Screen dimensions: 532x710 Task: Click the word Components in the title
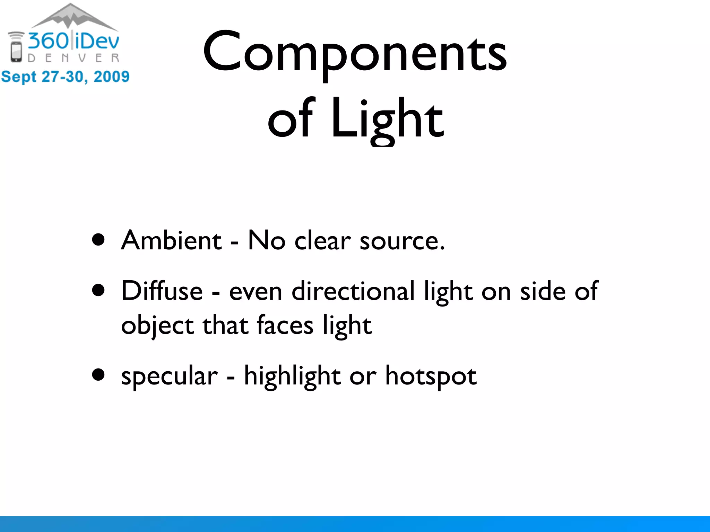click(x=355, y=52)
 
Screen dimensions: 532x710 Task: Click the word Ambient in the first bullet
click(x=171, y=240)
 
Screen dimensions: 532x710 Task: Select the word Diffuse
click(x=162, y=291)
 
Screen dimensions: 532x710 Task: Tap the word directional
click(x=353, y=291)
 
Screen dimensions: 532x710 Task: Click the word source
click(x=402, y=241)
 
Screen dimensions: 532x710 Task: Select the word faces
click(x=285, y=326)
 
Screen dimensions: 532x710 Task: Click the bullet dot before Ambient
click(x=99, y=240)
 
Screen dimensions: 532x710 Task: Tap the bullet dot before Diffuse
click(x=99, y=291)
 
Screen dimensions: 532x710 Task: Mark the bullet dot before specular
click(x=99, y=375)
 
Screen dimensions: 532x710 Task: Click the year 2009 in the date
click(x=111, y=77)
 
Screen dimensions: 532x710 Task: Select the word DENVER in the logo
click(x=73, y=58)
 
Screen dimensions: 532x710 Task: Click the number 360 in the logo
click(x=49, y=41)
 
